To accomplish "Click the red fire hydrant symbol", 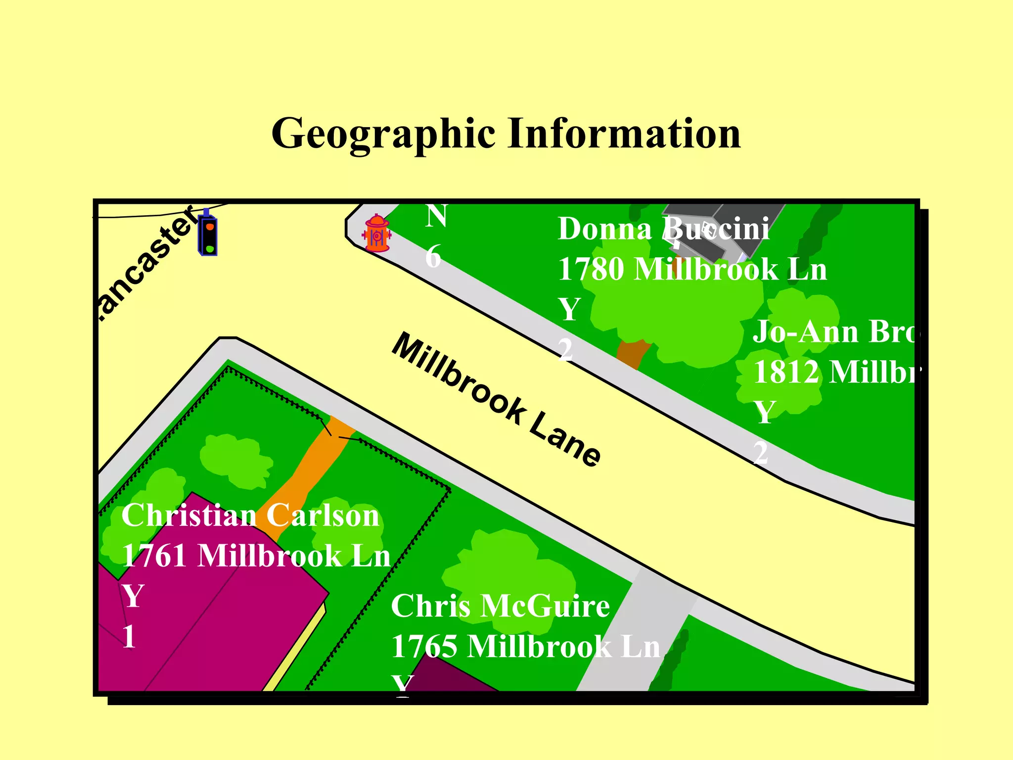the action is [x=377, y=233].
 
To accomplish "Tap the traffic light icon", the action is [x=208, y=234].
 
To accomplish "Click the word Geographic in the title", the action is [x=383, y=134].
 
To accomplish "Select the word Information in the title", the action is [x=624, y=134].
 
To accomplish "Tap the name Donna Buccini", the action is [x=663, y=229].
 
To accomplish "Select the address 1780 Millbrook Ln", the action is [x=692, y=270].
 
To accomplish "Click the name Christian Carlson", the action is [x=250, y=515].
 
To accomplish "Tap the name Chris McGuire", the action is [x=500, y=606].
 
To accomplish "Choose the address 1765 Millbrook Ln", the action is [x=526, y=647].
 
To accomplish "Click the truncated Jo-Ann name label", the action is [x=834, y=332].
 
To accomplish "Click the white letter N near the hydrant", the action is [x=436, y=217].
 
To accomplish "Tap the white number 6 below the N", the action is [x=433, y=257].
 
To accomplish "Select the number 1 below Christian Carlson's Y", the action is [x=129, y=636].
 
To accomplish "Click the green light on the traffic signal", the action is [x=210, y=248].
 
